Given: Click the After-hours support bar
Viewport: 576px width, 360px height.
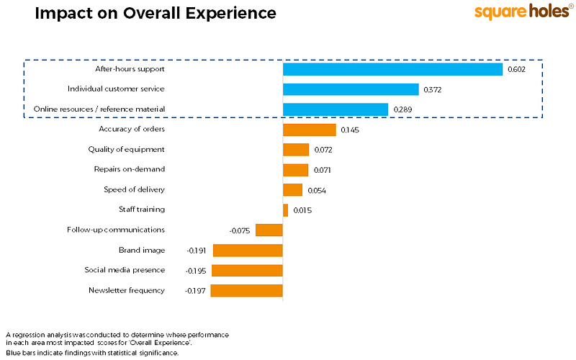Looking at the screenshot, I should (x=392, y=69).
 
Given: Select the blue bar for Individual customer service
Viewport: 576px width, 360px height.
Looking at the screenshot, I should (x=351, y=89).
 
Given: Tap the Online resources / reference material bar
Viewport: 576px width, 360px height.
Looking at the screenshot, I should (x=336, y=109).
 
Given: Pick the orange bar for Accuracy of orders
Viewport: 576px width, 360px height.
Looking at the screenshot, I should (x=309, y=130).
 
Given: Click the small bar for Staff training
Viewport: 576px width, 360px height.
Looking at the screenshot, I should (x=285, y=210).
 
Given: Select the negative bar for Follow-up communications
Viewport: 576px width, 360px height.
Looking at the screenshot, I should (x=269, y=230).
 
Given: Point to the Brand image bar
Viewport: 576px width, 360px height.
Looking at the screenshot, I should (x=248, y=251).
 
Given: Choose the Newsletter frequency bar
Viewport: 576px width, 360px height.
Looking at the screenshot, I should (x=246, y=291).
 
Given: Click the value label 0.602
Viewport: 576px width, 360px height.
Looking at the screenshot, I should (x=516, y=70).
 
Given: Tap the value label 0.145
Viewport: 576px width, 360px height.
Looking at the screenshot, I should (x=350, y=130).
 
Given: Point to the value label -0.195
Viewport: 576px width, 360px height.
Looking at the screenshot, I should (x=196, y=271).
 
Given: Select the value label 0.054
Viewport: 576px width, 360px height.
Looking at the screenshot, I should (x=317, y=191).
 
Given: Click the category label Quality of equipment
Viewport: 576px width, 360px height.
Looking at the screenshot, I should (x=127, y=150).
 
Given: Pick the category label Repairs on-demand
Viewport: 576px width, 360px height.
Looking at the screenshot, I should (x=130, y=170).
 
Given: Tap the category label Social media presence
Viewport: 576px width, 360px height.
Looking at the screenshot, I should (x=125, y=270).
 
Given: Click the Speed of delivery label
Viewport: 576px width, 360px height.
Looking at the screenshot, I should (x=135, y=190).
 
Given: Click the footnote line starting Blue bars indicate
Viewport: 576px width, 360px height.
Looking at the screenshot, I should (x=92, y=353).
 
